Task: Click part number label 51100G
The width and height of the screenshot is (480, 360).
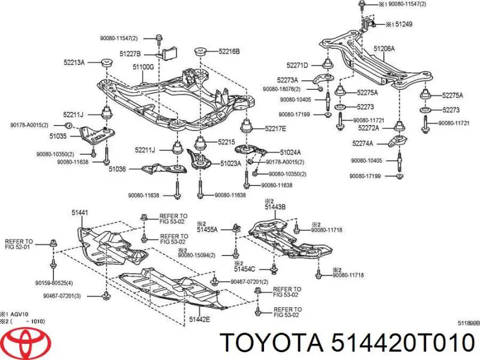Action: tap(143, 67)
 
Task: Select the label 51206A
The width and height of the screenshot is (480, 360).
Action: tap(385, 48)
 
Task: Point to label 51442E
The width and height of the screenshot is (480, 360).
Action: tap(199, 319)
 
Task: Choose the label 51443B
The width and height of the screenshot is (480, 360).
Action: tap(275, 208)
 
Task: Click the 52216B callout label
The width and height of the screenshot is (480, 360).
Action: tap(228, 52)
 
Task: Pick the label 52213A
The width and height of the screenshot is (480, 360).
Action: tap(75, 62)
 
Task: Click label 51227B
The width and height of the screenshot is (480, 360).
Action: tap(130, 53)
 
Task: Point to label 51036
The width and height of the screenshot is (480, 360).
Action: tap(117, 169)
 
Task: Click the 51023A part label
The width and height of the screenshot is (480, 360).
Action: tap(230, 163)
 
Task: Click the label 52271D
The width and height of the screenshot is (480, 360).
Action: tap(298, 65)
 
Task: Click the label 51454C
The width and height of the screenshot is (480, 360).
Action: tap(244, 269)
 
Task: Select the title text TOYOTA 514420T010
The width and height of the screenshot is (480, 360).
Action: tap(348, 343)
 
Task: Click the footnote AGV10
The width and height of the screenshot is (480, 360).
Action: tap(21, 314)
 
